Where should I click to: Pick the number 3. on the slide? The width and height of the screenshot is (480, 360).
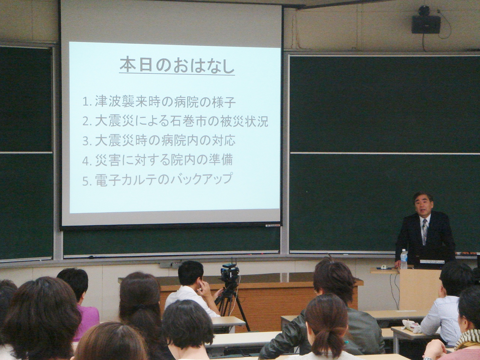[87, 141]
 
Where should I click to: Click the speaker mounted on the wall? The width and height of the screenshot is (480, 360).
[423, 24]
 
